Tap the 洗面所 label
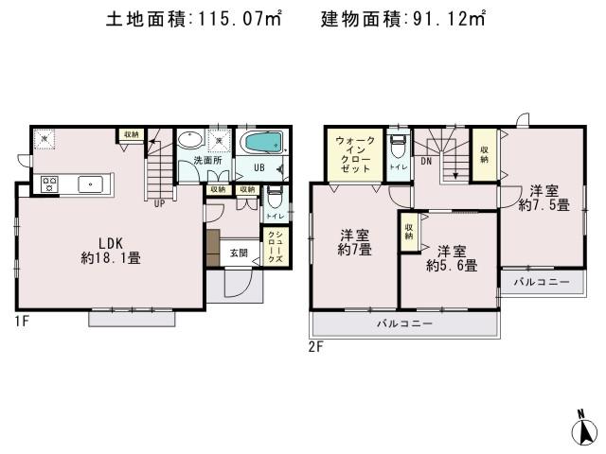207,161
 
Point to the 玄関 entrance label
239,253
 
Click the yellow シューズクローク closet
274,247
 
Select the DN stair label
427,162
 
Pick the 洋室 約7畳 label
355,241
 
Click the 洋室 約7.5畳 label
544,196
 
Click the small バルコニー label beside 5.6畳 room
542,283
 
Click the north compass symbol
586,430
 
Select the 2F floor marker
315,347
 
